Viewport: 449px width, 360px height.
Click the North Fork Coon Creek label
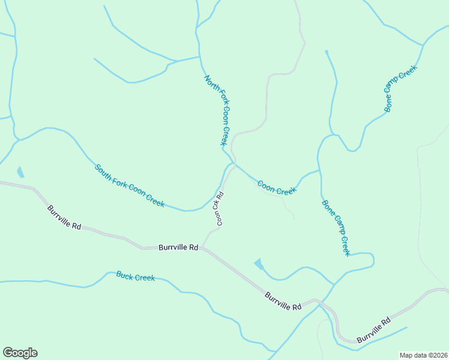(x=217, y=110)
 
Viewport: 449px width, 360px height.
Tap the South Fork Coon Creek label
(x=130, y=185)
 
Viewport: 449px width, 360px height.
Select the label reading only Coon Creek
(x=277, y=187)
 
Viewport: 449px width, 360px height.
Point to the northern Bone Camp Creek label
(x=400, y=89)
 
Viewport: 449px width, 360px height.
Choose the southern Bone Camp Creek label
(x=336, y=228)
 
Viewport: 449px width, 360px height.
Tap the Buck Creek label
(x=136, y=277)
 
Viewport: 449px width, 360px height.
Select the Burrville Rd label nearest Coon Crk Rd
(x=178, y=247)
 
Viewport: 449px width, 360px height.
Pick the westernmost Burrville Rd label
(x=64, y=217)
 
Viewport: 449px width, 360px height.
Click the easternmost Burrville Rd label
(x=373, y=330)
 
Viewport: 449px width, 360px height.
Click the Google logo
(x=20, y=353)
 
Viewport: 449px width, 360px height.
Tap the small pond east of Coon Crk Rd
(x=259, y=263)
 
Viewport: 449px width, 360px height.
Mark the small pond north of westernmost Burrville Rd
(x=20, y=172)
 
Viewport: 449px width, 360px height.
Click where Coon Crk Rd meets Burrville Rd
(x=202, y=247)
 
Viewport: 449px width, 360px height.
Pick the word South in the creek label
(x=103, y=170)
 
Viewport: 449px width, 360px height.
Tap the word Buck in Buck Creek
(x=125, y=275)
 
